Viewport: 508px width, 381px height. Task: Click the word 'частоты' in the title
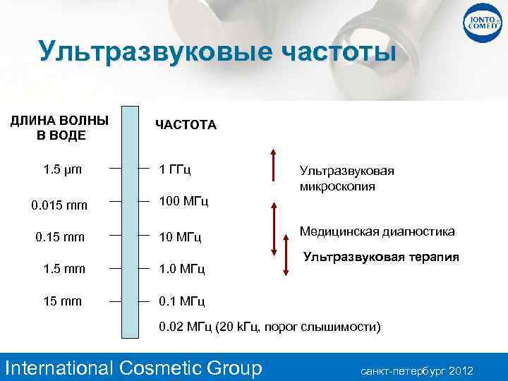click(338, 52)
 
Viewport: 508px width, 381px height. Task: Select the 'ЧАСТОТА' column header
click(186, 125)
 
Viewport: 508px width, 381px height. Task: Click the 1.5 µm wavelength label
click(62, 169)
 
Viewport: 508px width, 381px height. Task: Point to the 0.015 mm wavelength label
click(60, 206)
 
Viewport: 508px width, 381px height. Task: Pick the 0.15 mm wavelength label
click(60, 236)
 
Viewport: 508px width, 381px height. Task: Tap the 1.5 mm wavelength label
click(64, 269)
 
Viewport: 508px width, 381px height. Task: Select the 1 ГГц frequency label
click(176, 170)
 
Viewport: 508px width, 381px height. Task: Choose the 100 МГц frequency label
click(184, 202)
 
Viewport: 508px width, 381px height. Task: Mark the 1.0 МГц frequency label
click(182, 269)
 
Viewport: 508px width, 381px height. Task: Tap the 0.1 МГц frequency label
click(182, 301)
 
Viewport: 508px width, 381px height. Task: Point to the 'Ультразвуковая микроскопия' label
click(346, 179)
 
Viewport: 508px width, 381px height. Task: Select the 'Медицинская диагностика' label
click(377, 231)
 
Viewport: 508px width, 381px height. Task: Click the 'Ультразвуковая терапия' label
click(381, 257)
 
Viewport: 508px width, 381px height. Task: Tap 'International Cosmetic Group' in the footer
click(133, 368)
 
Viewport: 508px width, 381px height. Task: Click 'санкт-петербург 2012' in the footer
click(417, 370)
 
